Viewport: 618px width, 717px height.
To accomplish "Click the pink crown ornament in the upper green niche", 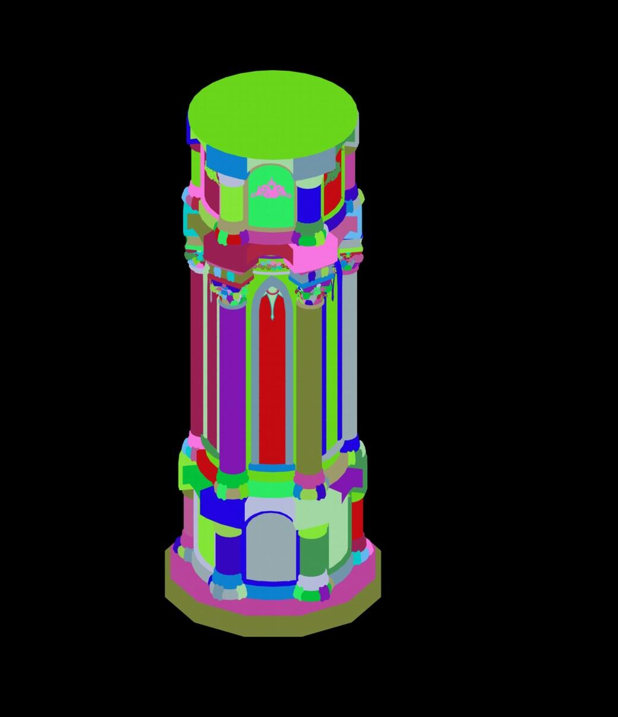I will tap(271, 190).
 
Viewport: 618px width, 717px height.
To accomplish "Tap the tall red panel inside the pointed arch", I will tap(272, 386).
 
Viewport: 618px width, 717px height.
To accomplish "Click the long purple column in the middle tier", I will tap(232, 386).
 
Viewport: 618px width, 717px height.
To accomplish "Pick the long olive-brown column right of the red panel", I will tap(308, 386).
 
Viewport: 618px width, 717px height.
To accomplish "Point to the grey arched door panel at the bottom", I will tap(270, 547).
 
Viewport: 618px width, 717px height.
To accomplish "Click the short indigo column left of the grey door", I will tap(228, 552).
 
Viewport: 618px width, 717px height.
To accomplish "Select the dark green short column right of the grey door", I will tap(313, 552).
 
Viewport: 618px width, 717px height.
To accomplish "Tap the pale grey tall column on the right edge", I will tap(350, 356).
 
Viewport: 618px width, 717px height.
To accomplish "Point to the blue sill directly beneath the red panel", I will tap(272, 468).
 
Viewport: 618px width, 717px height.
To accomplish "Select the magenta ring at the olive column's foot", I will tap(308, 478).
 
